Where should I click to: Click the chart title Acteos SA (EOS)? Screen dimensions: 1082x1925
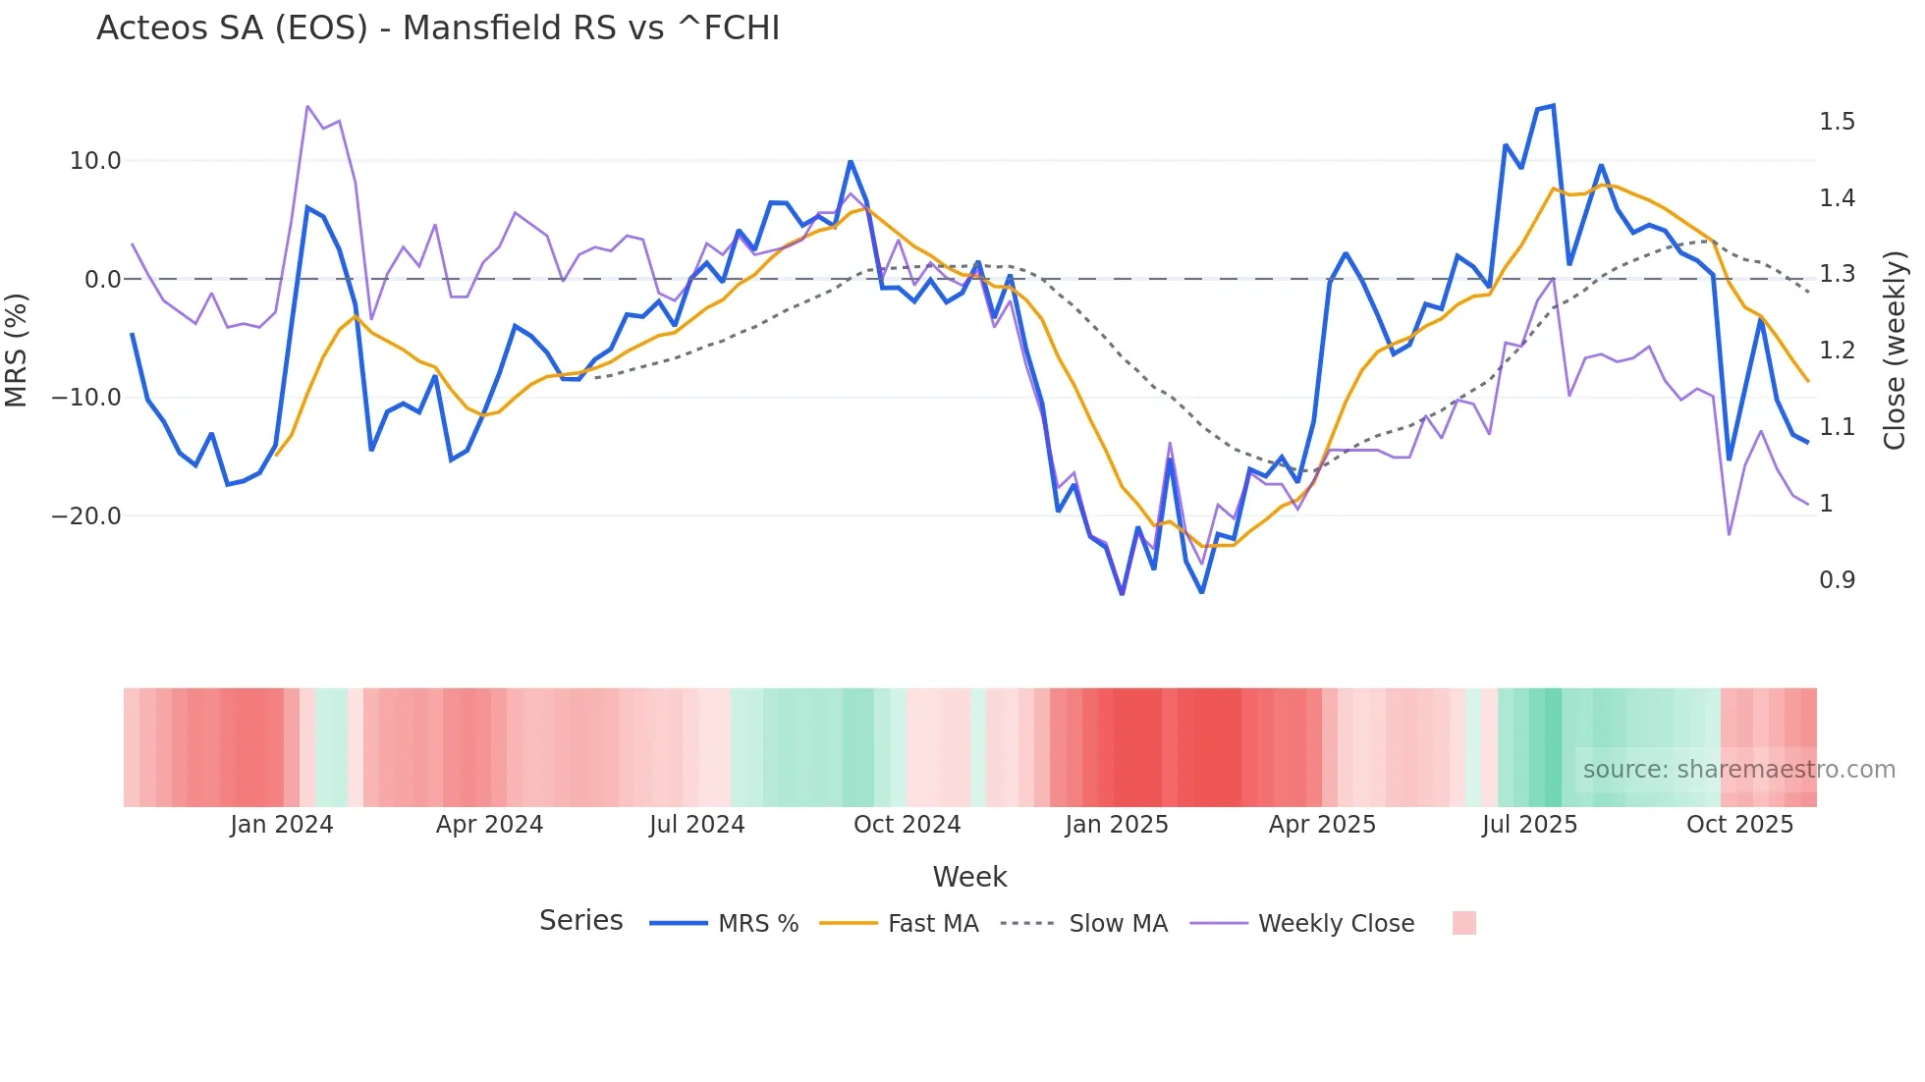click(438, 28)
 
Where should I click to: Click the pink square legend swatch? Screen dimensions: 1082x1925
click(1463, 923)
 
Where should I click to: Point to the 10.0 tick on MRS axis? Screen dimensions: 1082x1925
click(95, 161)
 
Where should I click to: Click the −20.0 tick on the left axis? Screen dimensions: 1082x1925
click(86, 516)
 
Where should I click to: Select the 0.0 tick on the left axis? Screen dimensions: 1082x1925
click(103, 280)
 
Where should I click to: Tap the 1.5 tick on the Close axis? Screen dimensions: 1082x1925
click(1837, 122)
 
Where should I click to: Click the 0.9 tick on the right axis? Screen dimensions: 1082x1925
click(1837, 580)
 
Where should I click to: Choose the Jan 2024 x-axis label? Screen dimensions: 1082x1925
click(282, 825)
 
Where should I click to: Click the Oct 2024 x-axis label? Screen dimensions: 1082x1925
click(907, 825)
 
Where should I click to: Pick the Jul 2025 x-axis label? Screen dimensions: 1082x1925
click(1529, 825)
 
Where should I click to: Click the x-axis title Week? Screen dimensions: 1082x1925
click(969, 877)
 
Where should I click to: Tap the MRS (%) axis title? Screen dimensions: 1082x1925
click(17, 350)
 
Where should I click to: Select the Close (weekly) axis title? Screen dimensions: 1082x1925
click(1895, 350)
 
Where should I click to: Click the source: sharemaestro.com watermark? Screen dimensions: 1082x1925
click(1738, 770)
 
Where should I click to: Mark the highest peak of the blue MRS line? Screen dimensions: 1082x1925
click(1553, 105)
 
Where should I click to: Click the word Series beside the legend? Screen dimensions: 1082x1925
click(580, 921)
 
